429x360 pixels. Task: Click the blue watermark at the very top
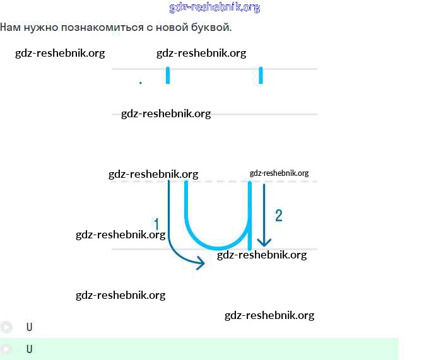214,8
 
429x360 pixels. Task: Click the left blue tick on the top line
168,75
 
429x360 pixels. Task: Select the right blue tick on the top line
261,75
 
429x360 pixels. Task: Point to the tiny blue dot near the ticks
140,83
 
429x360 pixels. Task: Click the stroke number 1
157,224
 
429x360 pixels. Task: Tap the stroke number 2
278,216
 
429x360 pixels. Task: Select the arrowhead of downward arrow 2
264,242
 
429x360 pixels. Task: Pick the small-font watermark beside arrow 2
279,173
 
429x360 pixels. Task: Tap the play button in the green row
6,349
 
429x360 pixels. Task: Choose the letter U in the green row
30,349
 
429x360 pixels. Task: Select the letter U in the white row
30,327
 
